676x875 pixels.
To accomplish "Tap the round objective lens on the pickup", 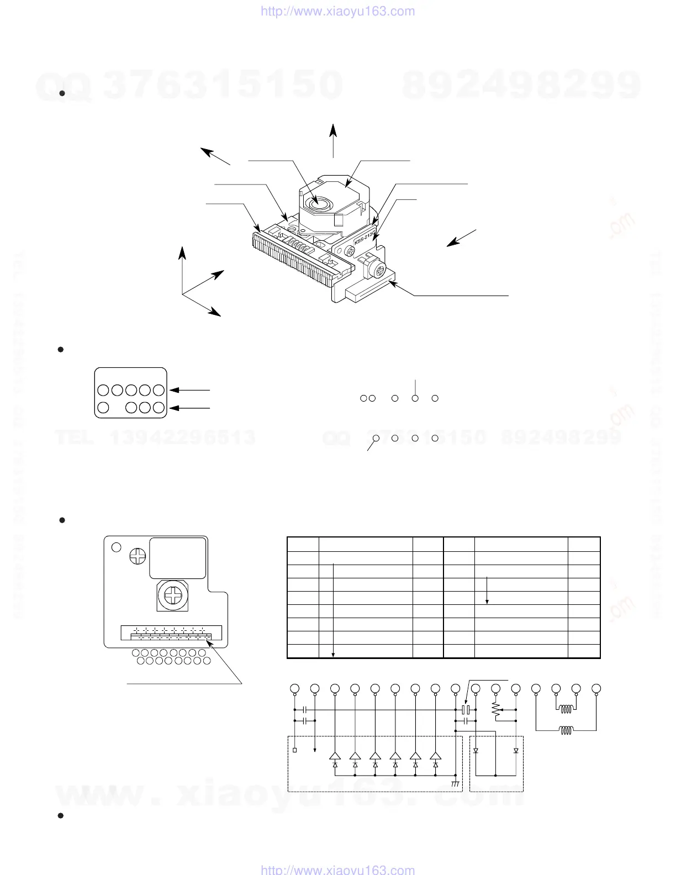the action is point(319,204).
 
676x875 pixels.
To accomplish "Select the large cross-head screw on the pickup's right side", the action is point(379,271).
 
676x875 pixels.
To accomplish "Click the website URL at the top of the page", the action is point(337,11).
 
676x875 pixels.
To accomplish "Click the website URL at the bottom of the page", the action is point(337,869).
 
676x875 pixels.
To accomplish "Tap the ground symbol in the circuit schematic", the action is point(455,783).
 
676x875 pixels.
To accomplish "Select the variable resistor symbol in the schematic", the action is point(495,712).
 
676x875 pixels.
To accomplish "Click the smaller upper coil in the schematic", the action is point(566,710).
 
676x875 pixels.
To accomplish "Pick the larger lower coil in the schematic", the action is point(566,730).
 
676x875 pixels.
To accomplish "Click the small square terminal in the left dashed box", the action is point(294,750).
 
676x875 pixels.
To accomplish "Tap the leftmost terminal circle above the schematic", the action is point(294,689).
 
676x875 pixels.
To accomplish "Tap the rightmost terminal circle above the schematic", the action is point(596,689).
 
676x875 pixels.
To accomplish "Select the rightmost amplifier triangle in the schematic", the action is point(436,756).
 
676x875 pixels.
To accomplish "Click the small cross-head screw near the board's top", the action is point(136,556).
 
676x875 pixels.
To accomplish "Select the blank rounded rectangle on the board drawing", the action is point(178,558).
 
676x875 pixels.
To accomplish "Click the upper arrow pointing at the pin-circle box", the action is point(191,390).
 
